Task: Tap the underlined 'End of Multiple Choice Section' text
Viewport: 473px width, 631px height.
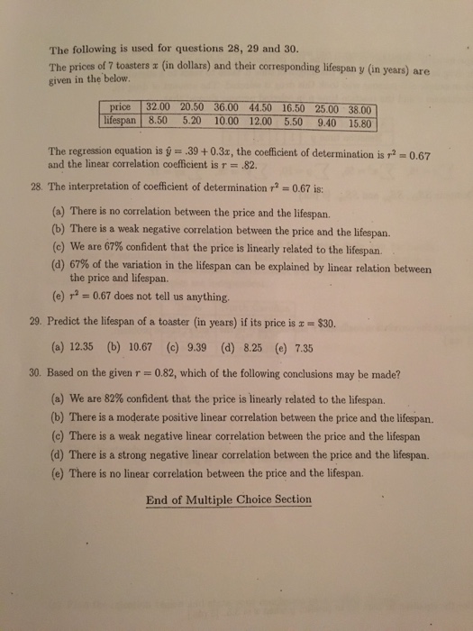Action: (228, 500)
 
